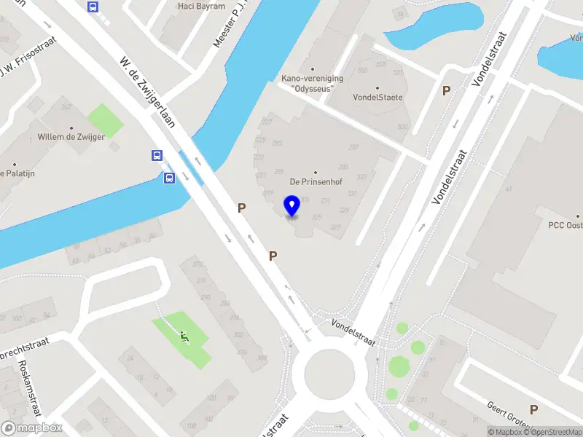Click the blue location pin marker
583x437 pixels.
(x=291, y=206)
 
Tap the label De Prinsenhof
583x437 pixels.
(x=316, y=181)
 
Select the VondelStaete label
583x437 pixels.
(x=377, y=97)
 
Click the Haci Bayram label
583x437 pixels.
(x=197, y=7)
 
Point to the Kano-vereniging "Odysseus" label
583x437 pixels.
(x=308, y=83)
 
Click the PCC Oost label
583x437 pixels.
(x=566, y=226)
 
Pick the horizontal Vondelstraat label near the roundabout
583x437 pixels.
(x=353, y=331)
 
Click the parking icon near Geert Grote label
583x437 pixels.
(x=534, y=410)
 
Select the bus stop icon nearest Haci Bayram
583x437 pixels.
(x=93, y=7)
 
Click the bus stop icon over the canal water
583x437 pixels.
(x=169, y=178)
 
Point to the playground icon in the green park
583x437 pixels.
(x=183, y=336)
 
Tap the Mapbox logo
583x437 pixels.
(x=31, y=428)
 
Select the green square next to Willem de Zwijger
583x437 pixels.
(x=106, y=119)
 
